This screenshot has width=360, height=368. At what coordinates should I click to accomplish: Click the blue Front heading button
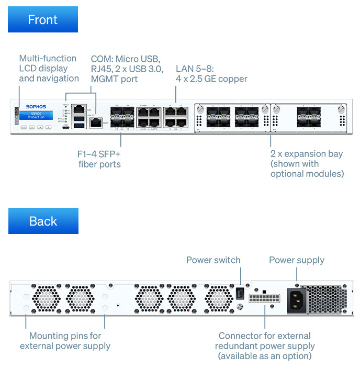(x=43, y=20)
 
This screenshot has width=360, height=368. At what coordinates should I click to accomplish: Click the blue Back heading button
(x=43, y=221)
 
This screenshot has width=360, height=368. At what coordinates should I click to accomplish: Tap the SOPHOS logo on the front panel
(x=36, y=107)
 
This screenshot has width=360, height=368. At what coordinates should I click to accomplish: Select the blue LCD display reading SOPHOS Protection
(x=36, y=115)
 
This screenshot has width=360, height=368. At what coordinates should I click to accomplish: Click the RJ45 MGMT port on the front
(x=95, y=122)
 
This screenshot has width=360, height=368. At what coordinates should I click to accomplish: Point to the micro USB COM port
(x=65, y=127)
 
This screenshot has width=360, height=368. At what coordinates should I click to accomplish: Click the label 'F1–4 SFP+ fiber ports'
(x=99, y=159)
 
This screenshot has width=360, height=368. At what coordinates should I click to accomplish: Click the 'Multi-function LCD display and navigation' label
(x=48, y=69)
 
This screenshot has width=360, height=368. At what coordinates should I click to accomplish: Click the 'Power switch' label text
(x=213, y=260)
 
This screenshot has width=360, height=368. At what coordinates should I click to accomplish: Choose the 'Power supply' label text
(x=297, y=260)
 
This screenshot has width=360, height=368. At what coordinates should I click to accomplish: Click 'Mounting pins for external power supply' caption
(x=65, y=341)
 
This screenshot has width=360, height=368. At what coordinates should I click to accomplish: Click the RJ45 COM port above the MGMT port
(x=80, y=108)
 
